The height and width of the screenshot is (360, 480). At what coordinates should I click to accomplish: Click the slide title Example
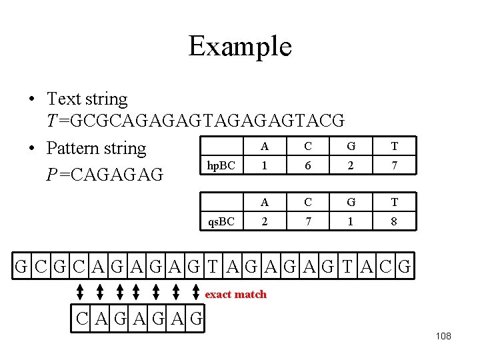coord(240,47)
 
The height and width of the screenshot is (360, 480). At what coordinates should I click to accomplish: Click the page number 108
coord(443,336)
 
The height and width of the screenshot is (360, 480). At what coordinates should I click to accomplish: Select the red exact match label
coord(235,294)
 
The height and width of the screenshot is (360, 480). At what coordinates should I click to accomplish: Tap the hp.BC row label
coord(221,165)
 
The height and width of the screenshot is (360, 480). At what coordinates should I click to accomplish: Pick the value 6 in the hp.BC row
coord(308,165)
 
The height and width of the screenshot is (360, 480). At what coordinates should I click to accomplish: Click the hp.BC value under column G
coord(351,165)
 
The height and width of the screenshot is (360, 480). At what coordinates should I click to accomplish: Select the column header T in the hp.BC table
coord(395,147)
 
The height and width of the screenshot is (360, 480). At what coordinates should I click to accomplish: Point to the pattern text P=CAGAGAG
coord(105,175)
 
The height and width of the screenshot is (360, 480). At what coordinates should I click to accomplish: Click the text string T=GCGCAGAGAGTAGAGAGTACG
coord(195,121)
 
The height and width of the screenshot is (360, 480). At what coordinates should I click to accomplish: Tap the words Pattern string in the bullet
coord(97,148)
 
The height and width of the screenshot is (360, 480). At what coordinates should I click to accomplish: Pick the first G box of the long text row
coord(22,268)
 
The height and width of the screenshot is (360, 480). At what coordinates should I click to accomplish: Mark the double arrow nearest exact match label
coord(196,293)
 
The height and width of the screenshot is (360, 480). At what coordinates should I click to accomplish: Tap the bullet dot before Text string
coord(31,100)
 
